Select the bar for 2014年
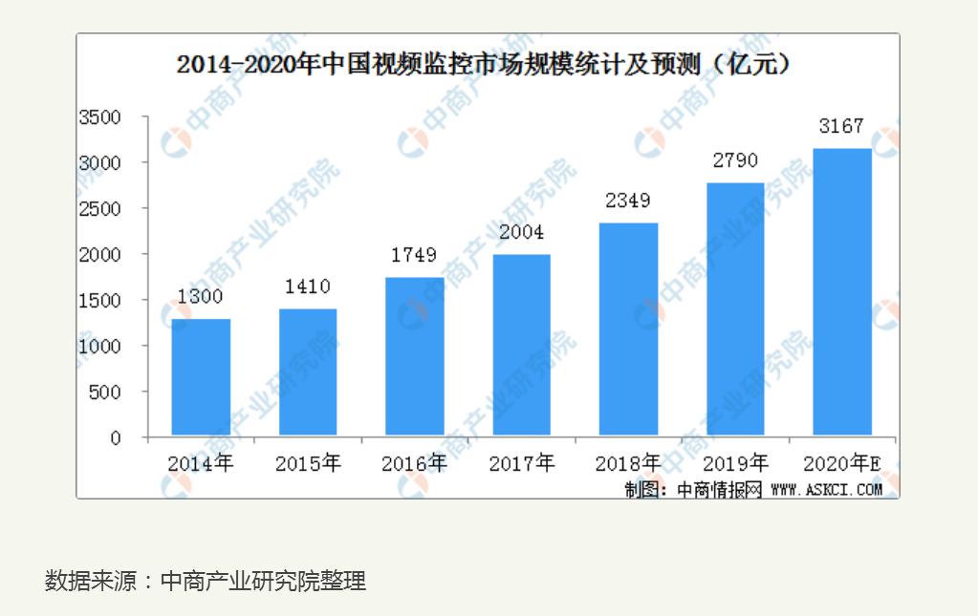pyautogui.click(x=201, y=377)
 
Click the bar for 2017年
pyautogui.click(x=521, y=345)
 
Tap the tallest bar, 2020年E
pyautogui.click(x=841, y=292)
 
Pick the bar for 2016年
pyautogui.click(x=414, y=356)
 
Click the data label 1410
pyautogui.click(x=307, y=287)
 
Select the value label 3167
pyautogui.click(x=841, y=126)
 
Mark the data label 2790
pyautogui.click(x=734, y=160)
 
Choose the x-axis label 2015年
pyautogui.click(x=307, y=464)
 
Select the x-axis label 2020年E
pyautogui.click(x=841, y=464)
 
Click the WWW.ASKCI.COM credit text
pyautogui.click(x=826, y=489)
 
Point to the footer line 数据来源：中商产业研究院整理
pyautogui.click(x=206, y=581)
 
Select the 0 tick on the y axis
pyautogui.click(x=116, y=437)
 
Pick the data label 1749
pyautogui.click(x=414, y=255)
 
